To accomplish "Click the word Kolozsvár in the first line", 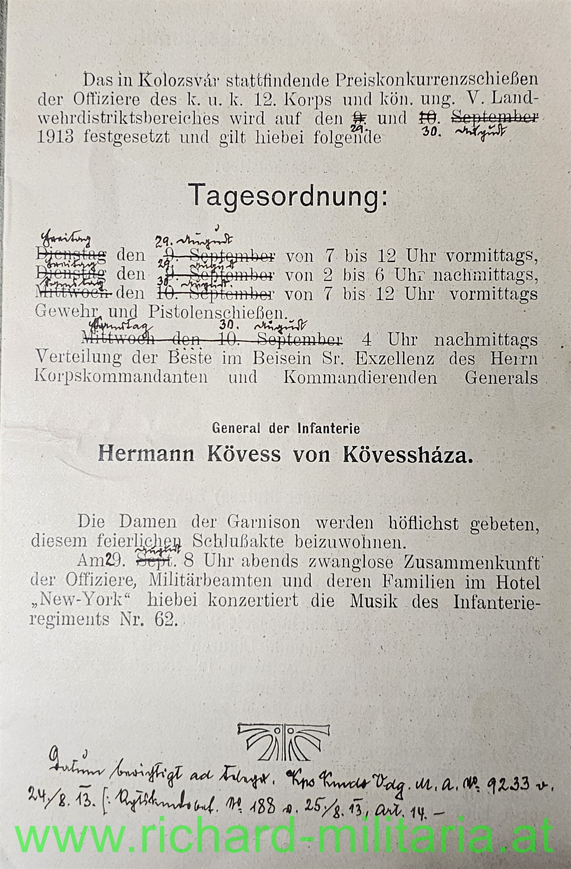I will click(x=170, y=80).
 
